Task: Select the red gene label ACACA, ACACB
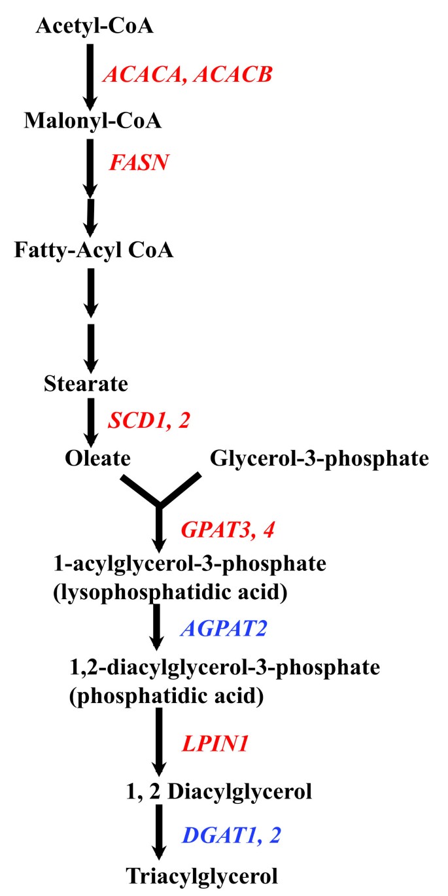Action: [186, 75]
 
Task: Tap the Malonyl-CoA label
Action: [92, 121]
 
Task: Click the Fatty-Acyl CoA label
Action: [94, 249]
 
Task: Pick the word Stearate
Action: [86, 383]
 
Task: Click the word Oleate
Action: [97, 458]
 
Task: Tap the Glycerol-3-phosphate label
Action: [319, 459]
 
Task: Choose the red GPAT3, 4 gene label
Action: [227, 528]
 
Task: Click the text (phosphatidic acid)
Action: [166, 696]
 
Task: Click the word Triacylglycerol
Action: [203, 874]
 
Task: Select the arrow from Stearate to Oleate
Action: [91, 421]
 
